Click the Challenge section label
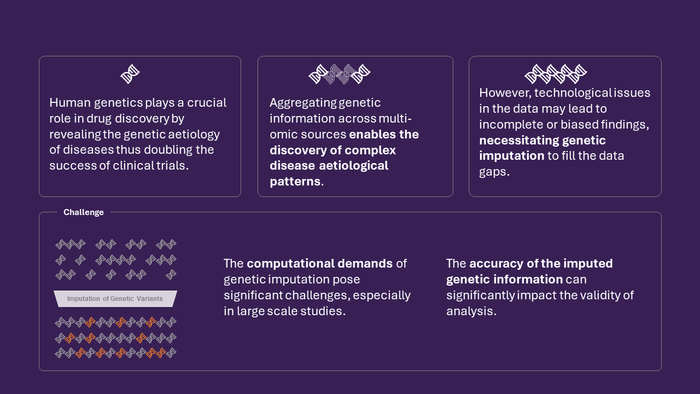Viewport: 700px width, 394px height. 83,212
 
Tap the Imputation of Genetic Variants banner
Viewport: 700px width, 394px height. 115,299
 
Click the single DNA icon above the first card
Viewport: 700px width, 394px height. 130,74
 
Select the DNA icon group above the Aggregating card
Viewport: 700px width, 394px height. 340,74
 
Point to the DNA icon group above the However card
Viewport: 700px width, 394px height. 556,74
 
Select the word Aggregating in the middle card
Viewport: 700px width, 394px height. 302,103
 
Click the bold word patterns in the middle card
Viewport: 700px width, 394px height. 295,182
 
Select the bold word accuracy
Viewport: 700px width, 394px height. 495,264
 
